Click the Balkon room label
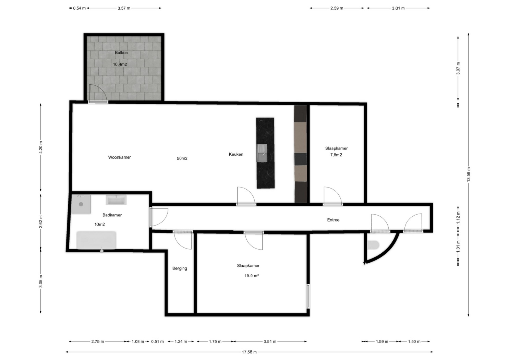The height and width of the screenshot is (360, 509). click(121, 52)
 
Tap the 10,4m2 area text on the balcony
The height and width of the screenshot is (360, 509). click(120, 64)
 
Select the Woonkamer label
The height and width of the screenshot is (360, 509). click(119, 157)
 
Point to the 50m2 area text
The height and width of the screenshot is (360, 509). click(182, 158)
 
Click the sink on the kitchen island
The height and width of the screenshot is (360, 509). click(262, 153)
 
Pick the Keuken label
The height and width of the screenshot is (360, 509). click(236, 154)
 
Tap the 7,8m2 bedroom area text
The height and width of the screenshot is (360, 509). click(336, 155)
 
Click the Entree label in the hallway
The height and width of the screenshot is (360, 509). click(333, 220)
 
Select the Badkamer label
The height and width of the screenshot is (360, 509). click(112, 215)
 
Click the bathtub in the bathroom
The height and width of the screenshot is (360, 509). click(96, 240)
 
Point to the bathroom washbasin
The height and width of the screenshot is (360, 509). click(116, 200)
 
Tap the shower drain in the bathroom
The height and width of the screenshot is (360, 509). click(81, 204)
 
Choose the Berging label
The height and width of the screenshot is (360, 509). click(180, 268)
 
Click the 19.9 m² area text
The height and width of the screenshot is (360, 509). click(252, 276)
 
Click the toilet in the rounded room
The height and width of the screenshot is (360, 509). click(373, 245)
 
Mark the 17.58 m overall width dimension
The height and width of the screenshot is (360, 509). click(249, 352)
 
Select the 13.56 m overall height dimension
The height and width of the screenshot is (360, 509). click(468, 175)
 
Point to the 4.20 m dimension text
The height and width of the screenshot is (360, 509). click(41, 147)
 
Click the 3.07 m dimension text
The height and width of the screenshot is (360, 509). click(458, 68)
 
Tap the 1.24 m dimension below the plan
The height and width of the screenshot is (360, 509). click(181, 341)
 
